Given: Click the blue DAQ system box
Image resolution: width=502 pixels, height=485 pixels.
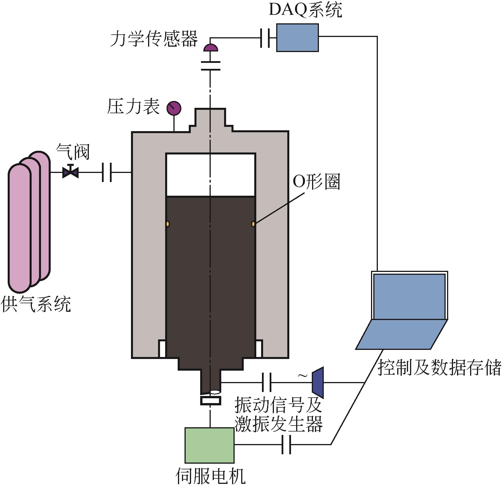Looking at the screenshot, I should coord(297,38).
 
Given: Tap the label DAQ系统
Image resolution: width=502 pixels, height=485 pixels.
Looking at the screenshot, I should coord(305,11).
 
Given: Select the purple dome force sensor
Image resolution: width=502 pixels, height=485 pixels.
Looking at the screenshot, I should coord(211,48).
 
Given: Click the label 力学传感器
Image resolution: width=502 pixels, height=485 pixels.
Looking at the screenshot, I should coord(154,39).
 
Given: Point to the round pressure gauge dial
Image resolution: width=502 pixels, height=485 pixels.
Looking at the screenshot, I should coord(174,108).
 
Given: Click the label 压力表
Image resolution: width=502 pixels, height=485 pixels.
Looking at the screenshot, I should coord(133,107).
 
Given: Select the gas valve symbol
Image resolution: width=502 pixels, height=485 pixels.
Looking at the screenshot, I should coord(70,172).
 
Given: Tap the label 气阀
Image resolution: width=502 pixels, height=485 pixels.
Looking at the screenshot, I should coord(73,152).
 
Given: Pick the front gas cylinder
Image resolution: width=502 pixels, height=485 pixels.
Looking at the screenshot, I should coord(19,228).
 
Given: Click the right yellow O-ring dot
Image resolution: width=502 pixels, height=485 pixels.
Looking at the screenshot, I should coord(253,224).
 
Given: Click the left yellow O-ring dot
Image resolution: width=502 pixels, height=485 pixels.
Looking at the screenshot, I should coord(168,224).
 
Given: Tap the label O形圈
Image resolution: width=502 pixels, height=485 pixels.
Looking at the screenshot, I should coord(316,182).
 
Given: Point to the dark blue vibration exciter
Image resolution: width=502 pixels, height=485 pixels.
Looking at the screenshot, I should coord(318,383).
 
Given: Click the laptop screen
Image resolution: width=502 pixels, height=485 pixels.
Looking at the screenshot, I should coord(409,296).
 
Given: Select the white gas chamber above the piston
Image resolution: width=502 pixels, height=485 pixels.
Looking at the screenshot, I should coord(210,175).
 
